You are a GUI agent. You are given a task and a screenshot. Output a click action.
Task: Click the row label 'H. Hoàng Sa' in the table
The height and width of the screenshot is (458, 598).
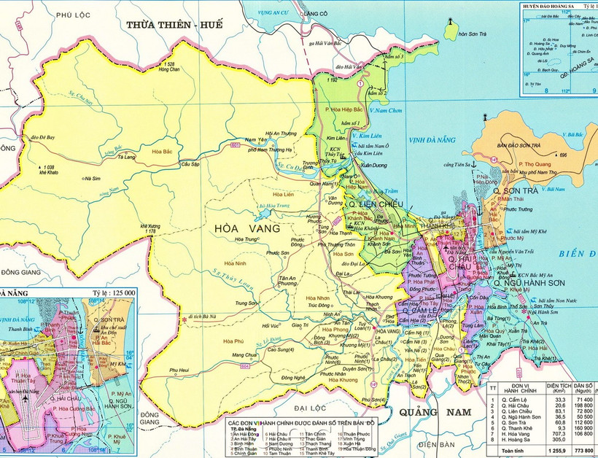[x=513, y=441]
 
